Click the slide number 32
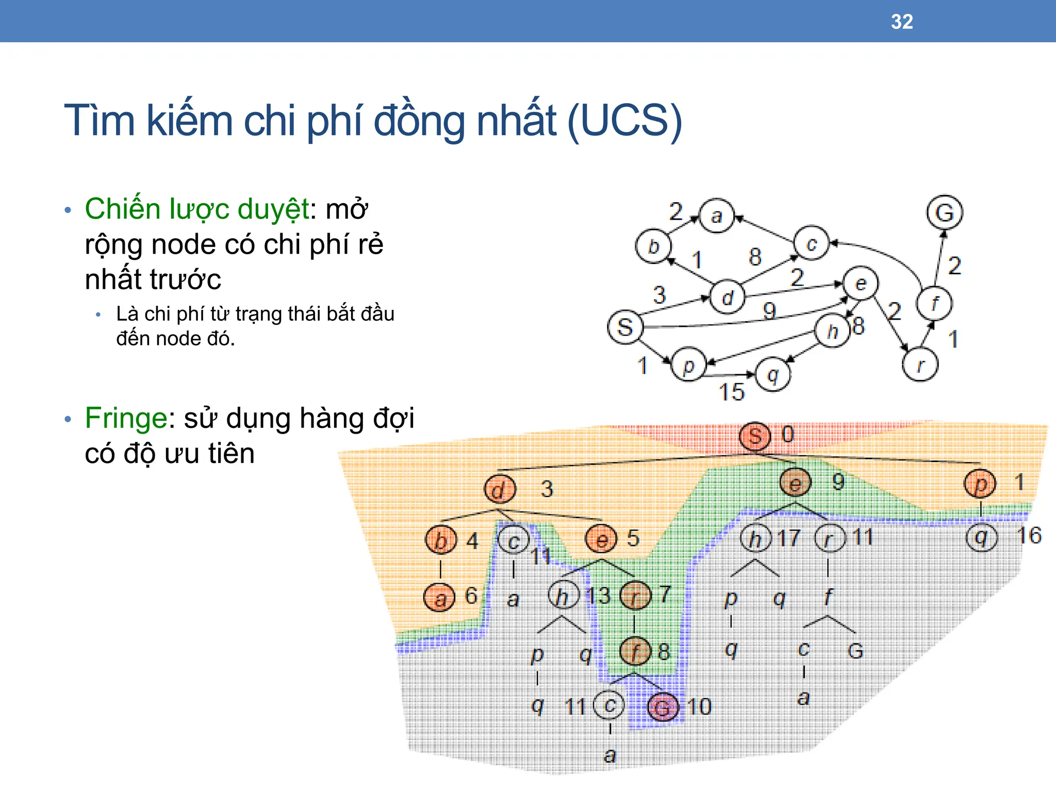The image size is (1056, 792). click(902, 22)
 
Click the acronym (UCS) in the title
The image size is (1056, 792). click(624, 121)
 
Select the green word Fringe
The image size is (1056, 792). click(126, 418)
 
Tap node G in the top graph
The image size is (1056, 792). click(944, 212)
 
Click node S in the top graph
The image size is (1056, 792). click(625, 327)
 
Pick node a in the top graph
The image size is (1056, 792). click(716, 216)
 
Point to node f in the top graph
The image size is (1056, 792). click(934, 303)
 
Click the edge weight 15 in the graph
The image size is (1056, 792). click(732, 392)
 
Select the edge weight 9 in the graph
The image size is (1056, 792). click(769, 310)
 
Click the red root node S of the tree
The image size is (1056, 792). click(755, 436)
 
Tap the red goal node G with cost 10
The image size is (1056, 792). click(662, 707)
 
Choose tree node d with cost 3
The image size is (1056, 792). click(499, 489)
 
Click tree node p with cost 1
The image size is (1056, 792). click(980, 484)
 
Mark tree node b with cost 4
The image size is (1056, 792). click(440, 540)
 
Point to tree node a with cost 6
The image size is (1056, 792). click(439, 598)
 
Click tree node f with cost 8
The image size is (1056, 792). click(635, 651)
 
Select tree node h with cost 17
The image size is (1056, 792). click(755, 538)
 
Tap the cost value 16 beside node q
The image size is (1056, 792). click(1029, 536)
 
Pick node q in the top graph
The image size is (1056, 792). click(772, 374)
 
